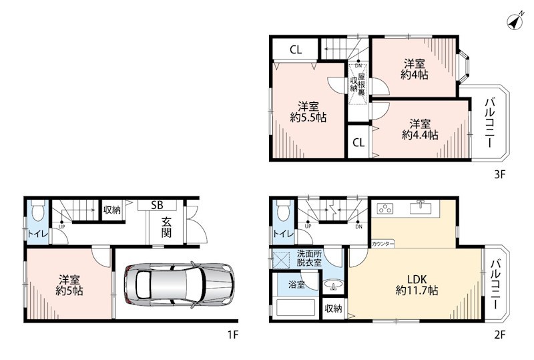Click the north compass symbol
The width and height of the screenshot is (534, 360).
(515, 21)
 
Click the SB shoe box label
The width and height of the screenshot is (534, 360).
(157, 205)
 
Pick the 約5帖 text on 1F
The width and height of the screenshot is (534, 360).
(69, 291)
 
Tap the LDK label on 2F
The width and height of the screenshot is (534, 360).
(417, 280)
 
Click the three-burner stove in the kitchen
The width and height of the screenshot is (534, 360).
(385, 208)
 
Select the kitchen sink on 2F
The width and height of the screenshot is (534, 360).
(421, 207)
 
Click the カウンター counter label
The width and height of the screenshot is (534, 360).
(382, 244)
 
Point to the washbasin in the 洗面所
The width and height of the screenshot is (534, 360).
(332, 285)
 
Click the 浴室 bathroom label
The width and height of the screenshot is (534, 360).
(296, 285)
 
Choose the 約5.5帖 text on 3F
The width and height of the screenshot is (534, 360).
(308, 118)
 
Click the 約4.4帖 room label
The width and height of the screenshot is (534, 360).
(420, 135)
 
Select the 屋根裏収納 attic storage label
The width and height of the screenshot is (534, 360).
(358, 84)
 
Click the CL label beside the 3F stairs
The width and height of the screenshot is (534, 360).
(296, 50)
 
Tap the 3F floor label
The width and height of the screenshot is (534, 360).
(499, 174)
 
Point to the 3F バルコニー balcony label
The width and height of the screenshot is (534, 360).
(490, 123)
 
